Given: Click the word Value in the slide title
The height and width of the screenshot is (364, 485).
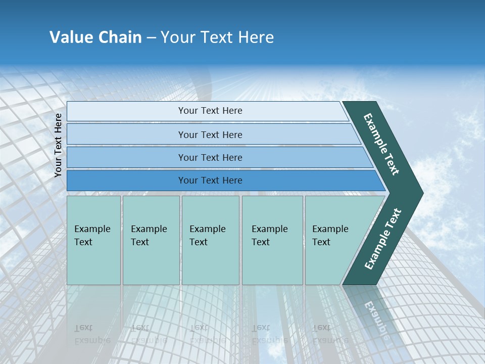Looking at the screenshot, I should (x=70, y=37).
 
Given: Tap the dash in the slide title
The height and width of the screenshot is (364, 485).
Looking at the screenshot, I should (x=151, y=38).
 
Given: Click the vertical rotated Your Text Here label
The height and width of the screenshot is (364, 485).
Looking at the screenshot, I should (x=58, y=145).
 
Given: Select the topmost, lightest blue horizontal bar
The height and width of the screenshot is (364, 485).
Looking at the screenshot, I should (x=207, y=111).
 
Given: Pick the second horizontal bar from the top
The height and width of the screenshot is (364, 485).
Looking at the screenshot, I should (x=212, y=134).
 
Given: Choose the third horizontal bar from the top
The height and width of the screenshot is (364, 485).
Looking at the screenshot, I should (x=217, y=157).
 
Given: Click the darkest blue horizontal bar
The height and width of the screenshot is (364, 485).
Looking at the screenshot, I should (x=222, y=180).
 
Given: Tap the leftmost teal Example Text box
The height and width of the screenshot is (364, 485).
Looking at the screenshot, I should (x=93, y=240).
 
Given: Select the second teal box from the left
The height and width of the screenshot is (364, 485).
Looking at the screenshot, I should (x=151, y=240).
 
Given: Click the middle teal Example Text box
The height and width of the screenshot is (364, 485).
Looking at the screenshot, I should (x=210, y=240).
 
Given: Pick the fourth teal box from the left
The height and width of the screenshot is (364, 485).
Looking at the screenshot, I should (x=272, y=240).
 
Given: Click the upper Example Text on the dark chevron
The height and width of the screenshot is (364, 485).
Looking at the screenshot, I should (x=381, y=144).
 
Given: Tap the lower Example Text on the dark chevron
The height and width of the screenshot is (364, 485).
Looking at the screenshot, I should (x=383, y=239).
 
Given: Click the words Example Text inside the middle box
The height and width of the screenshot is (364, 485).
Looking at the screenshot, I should (x=207, y=236).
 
